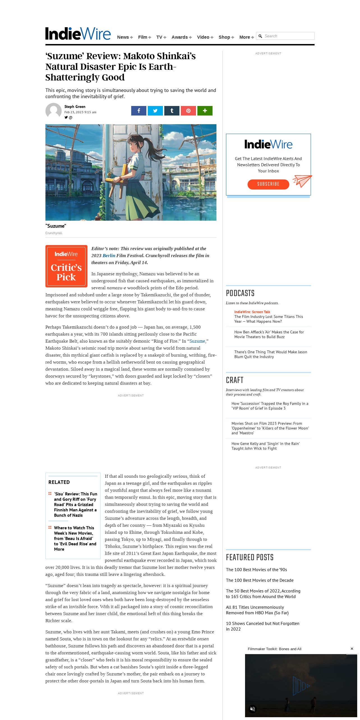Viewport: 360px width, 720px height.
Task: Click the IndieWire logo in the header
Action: [78, 34]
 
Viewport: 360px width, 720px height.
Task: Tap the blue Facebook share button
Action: [139, 111]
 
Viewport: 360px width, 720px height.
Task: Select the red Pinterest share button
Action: [188, 111]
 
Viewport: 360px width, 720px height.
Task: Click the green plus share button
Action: [205, 111]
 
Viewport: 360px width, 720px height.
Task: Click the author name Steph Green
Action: [75, 107]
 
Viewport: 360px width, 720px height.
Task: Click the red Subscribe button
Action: [268, 184]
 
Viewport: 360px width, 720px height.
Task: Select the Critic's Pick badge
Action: [66, 266]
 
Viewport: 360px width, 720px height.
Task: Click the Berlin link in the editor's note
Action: [109, 256]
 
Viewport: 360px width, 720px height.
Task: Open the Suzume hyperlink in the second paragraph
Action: [197, 341]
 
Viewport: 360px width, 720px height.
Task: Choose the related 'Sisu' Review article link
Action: [75, 504]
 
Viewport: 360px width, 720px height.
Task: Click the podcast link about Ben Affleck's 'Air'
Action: [269, 334]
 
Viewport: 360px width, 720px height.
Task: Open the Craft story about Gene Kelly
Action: [265, 446]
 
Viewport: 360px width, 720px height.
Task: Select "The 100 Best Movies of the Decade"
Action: [260, 580]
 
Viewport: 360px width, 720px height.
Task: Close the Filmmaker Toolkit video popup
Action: [352, 649]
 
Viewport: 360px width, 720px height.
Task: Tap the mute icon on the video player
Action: [252, 709]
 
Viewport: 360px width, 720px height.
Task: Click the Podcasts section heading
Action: [240, 293]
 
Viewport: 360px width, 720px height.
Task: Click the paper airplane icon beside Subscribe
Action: [302, 181]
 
